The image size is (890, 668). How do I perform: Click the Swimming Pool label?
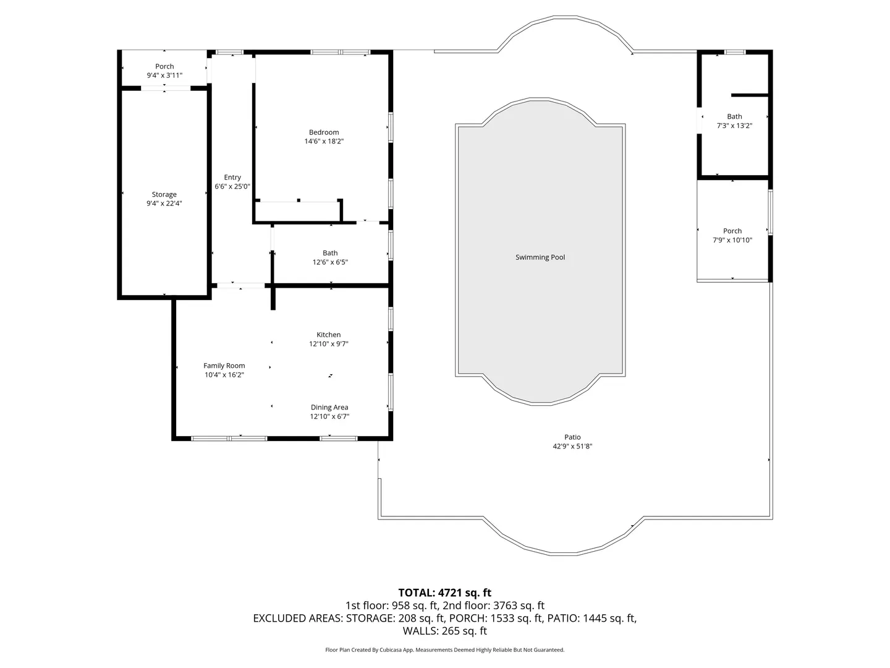540,257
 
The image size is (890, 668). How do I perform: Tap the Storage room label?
164,194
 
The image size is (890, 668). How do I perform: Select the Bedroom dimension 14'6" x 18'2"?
324,141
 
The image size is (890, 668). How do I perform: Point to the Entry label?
232,178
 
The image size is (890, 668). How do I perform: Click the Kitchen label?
328,335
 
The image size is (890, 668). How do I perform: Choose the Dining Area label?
329,407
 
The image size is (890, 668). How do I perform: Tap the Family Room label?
224,366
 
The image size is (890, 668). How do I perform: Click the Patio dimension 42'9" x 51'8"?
572,446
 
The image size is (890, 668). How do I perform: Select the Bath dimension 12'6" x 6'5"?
330,262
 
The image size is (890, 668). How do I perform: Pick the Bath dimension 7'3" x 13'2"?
734,126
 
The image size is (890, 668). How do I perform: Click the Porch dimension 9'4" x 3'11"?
164,75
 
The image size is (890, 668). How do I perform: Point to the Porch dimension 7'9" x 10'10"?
732,240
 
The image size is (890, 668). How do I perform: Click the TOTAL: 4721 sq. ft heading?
445,593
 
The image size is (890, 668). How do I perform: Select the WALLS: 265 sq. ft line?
445,631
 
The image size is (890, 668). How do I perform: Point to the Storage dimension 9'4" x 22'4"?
164,203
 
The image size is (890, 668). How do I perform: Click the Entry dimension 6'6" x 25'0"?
232,187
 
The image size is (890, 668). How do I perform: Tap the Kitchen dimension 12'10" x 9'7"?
328,344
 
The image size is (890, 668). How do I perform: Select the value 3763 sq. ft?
519,606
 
